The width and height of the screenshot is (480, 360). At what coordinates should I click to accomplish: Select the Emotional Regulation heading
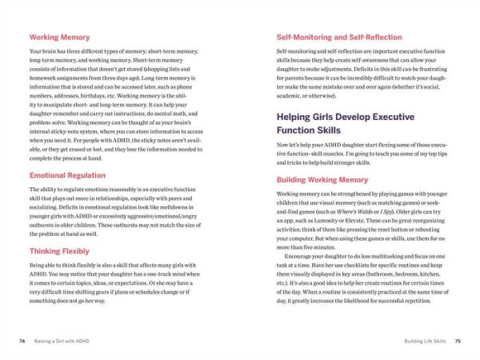[69, 175]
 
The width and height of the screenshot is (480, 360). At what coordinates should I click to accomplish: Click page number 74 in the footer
[22, 340]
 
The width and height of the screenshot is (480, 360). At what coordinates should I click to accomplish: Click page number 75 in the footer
[458, 340]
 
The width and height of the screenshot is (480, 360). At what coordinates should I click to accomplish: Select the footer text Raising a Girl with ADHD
[68, 340]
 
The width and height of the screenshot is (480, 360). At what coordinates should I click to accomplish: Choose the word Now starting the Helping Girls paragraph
[283, 144]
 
